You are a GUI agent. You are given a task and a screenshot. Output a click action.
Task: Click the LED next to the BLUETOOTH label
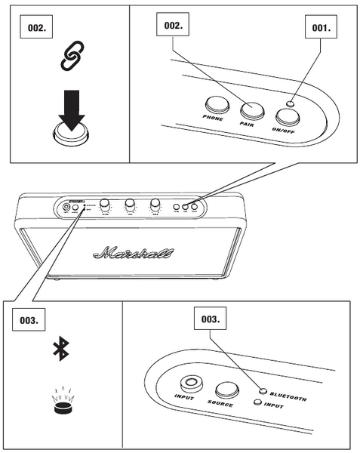pos(262,391)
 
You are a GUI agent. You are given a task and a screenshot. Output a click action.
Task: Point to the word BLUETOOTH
pos(288,397)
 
